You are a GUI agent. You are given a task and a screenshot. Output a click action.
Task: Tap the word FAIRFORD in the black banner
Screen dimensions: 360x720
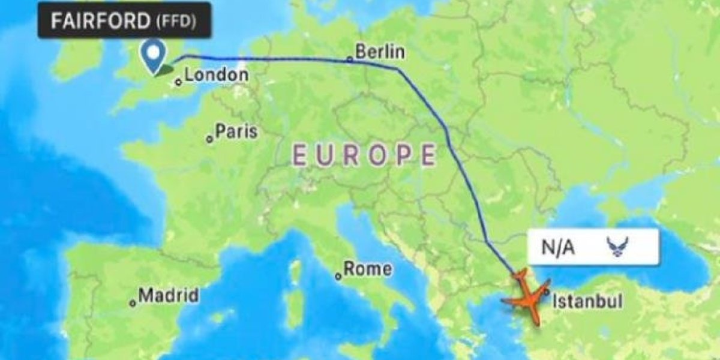point(100,21)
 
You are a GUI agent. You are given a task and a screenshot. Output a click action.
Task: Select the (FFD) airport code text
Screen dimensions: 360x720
point(176,22)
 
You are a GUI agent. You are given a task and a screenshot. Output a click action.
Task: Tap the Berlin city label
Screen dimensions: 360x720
point(379,52)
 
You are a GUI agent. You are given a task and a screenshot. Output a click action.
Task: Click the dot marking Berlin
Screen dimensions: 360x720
point(350,59)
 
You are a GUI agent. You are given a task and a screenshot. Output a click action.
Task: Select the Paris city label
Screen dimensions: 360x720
point(236,131)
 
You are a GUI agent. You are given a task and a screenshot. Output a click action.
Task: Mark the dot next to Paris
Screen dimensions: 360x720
point(209,139)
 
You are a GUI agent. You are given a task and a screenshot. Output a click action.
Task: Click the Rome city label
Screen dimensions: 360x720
point(367,269)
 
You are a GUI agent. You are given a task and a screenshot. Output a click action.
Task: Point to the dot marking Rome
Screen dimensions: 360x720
point(338,276)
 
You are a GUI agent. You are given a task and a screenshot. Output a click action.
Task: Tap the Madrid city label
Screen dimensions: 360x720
point(169,295)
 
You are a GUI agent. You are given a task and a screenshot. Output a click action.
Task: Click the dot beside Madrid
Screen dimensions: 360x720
point(133,303)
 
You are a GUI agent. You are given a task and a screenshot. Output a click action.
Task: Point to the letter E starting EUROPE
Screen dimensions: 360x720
point(299,155)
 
